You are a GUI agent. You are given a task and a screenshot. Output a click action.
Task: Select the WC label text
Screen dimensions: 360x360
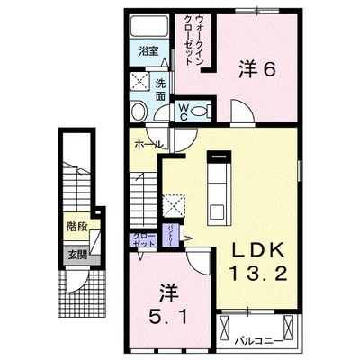pyautogui.click(x=184, y=112)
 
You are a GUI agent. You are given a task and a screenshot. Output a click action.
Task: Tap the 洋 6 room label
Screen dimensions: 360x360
pyautogui.click(x=256, y=69)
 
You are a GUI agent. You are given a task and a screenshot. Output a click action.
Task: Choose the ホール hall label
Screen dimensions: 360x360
pyautogui.click(x=149, y=143)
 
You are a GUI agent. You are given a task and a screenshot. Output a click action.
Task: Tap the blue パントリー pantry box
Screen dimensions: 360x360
pyautogui.click(x=170, y=235)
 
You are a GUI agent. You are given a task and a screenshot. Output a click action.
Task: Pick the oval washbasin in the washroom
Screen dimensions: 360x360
pyautogui.click(x=139, y=112)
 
